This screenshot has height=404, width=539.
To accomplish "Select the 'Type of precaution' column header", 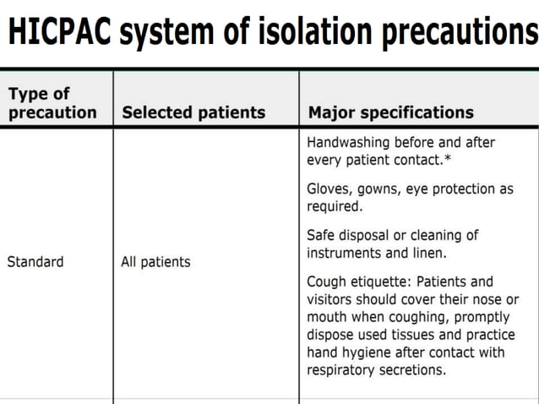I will [52, 103].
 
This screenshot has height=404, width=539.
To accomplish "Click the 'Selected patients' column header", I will [193, 112].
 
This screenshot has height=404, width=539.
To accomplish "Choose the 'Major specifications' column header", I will [390, 112].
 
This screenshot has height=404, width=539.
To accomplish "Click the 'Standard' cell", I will [35, 262].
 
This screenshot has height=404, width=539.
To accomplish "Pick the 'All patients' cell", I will [155, 262].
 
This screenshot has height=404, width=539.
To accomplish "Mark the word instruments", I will [347, 253].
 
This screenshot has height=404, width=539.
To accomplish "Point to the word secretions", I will [415, 370].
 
